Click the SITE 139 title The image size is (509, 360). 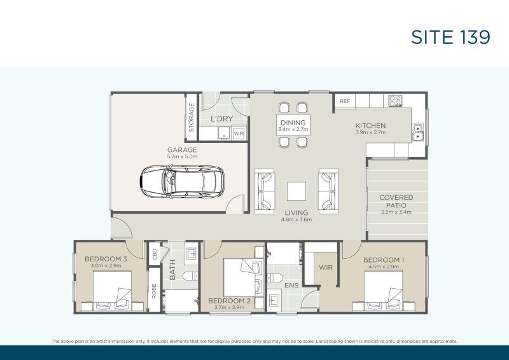pyautogui.click(x=450, y=38)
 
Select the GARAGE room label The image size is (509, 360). pyautogui.click(x=182, y=150)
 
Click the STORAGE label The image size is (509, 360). pyautogui.click(x=191, y=118)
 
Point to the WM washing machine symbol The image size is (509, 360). pyautogui.click(x=239, y=134)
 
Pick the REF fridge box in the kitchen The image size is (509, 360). pyautogui.click(x=344, y=101)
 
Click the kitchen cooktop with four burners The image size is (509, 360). pyautogui.click(x=394, y=100)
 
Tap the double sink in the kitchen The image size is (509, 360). pyautogui.click(x=417, y=132)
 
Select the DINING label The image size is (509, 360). pyautogui.click(x=293, y=123)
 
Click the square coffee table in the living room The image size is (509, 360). pyautogui.click(x=295, y=191)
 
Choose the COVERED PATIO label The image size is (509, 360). pyautogui.click(x=396, y=201)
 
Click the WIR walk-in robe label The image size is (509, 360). pyautogui.click(x=326, y=268)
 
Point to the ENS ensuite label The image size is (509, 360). pyautogui.click(x=291, y=286)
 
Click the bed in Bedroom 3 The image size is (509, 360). pyautogui.click(x=113, y=290)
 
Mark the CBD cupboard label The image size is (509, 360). pyautogui.click(x=154, y=254)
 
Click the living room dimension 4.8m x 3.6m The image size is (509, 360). pyautogui.click(x=296, y=219)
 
